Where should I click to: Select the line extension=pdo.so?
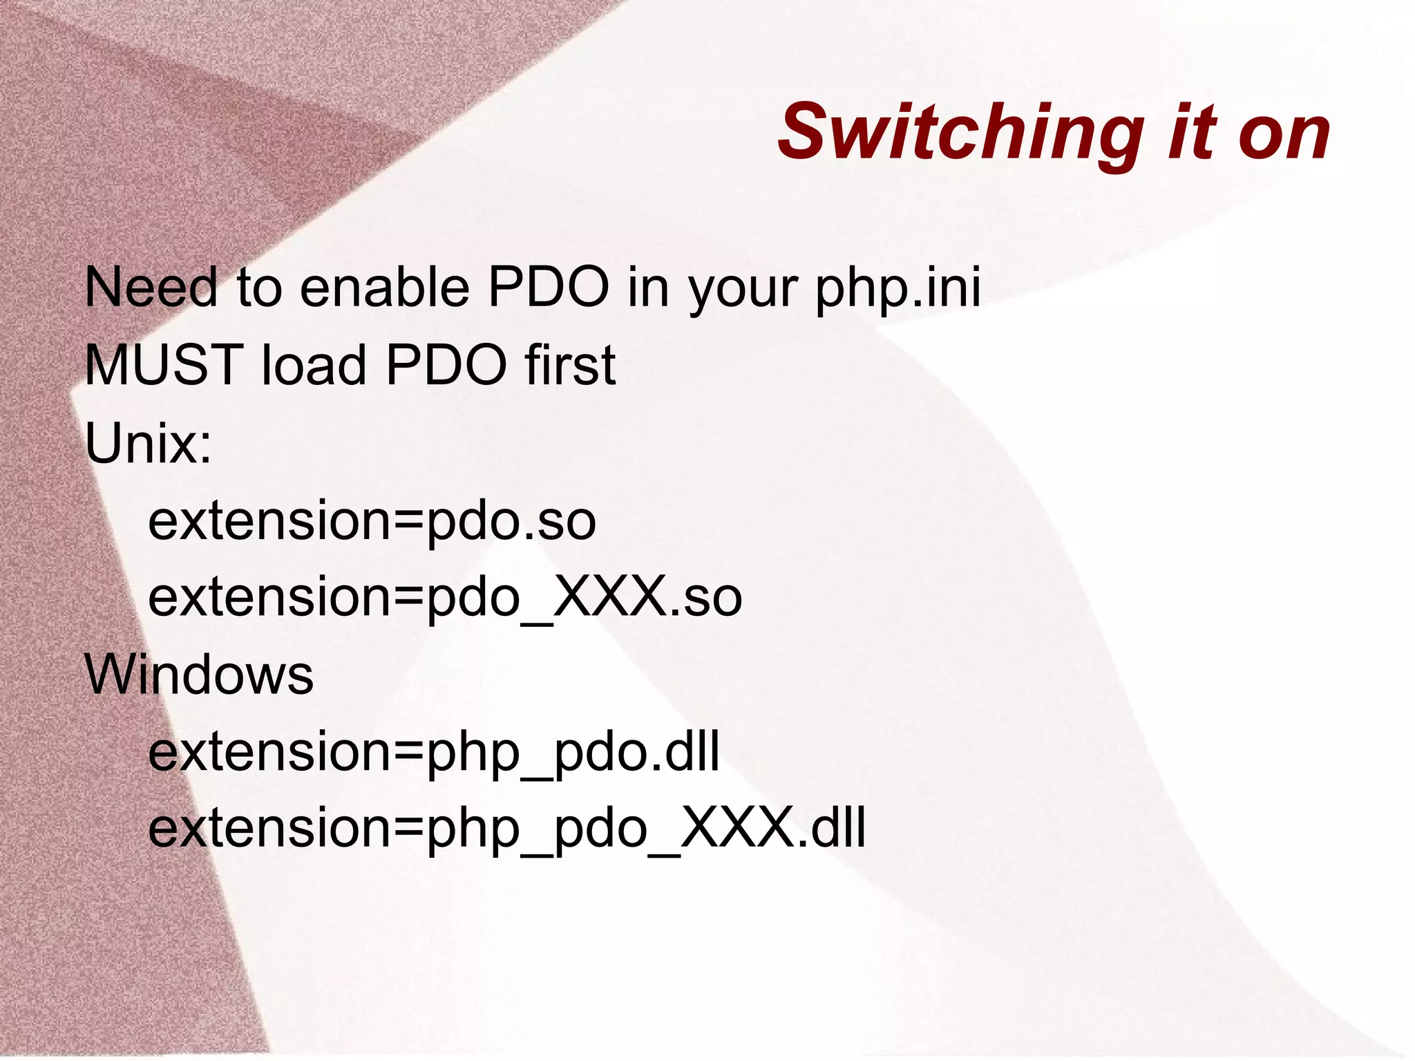[x=372, y=521]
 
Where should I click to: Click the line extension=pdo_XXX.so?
[x=445, y=598]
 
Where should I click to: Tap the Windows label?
[x=199, y=675]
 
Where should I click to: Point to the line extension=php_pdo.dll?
[x=434, y=753]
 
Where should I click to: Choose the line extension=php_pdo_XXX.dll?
[x=506, y=829]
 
